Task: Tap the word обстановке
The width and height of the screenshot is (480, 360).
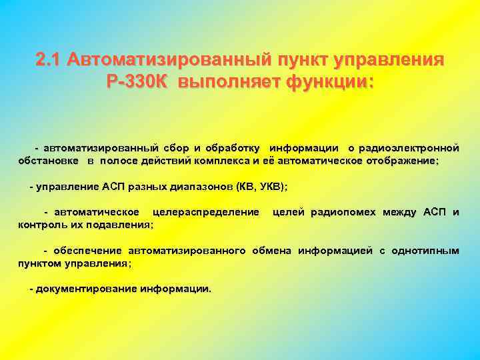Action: pyautogui.click(x=49, y=161)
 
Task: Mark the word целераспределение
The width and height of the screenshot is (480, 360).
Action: pyautogui.click(x=206, y=213)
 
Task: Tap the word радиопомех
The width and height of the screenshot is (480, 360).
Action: pyautogui.click(x=342, y=213)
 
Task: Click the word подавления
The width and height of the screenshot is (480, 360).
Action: pyautogui.click(x=120, y=225)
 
